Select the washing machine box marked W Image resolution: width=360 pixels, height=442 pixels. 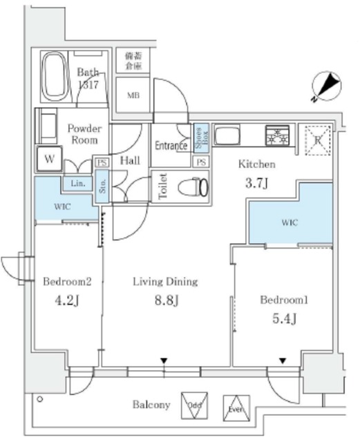pos(49,157)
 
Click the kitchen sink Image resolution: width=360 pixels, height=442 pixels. pos(227,135)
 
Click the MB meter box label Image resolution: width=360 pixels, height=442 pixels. pos(131,96)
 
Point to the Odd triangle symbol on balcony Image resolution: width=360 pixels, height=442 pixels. pos(194,405)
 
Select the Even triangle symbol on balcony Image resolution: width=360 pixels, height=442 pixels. pos(235,407)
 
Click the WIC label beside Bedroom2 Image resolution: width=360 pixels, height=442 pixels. pos(55,206)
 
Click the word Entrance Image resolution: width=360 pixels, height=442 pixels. pos(171,146)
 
